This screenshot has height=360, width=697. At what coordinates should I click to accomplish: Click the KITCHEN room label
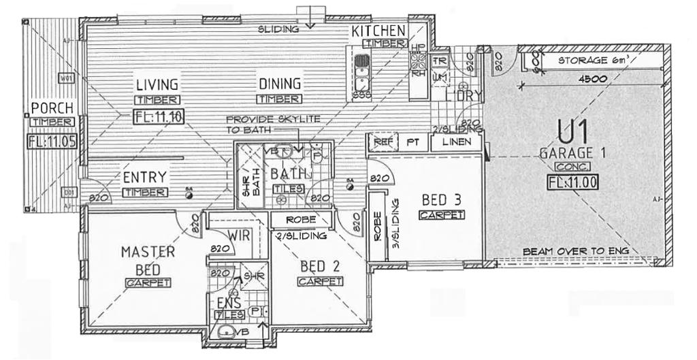(379, 31)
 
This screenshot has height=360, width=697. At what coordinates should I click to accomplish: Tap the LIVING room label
(157, 85)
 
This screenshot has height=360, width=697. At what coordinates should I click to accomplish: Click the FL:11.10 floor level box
(158, 116)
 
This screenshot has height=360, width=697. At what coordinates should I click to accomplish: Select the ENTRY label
(145, 178)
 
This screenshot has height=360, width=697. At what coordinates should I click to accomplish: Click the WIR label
(237, 235)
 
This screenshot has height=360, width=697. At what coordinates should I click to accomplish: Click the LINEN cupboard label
(456, 142)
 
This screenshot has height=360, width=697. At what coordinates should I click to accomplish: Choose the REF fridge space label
(380, 142)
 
